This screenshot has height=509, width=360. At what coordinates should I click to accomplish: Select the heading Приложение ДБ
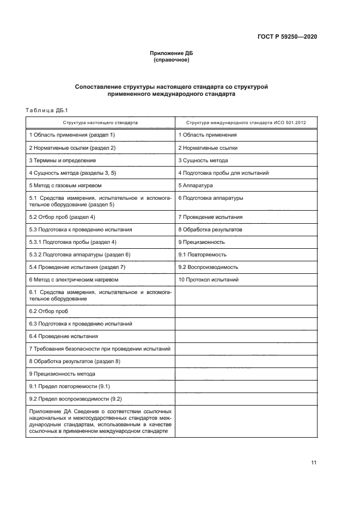172,53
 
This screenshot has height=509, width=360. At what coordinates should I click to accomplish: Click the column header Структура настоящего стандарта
100,122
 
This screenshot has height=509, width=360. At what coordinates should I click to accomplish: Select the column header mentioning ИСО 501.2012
246,122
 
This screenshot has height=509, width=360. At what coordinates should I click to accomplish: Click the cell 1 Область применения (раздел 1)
72,134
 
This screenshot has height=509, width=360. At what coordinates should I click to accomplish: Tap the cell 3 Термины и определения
62,161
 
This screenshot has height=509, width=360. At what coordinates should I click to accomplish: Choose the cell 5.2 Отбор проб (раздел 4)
62,217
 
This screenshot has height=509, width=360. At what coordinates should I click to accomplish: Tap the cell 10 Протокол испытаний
208,280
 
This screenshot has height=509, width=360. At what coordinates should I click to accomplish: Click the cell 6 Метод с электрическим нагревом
74,280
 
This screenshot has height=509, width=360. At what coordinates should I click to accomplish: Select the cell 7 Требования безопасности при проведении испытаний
100,348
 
